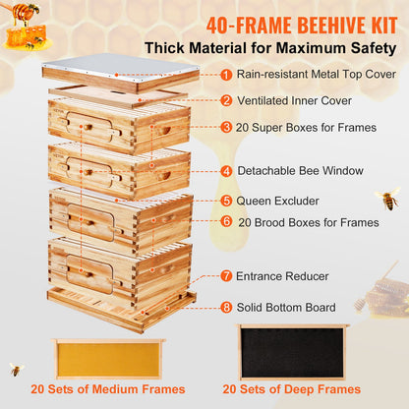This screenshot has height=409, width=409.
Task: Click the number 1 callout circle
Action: [226, 73]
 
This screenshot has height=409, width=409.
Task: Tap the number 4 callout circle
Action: [226, 170]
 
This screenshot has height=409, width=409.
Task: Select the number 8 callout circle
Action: [226, 307]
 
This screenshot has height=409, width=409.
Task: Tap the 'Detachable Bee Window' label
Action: [294, 170]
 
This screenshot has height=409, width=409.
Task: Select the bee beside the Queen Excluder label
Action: [386, 200]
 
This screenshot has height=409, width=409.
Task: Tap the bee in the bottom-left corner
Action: [16, 370]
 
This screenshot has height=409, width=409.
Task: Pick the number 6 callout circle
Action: [226, 223]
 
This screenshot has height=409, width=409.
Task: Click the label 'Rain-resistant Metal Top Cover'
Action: [316, 73]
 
